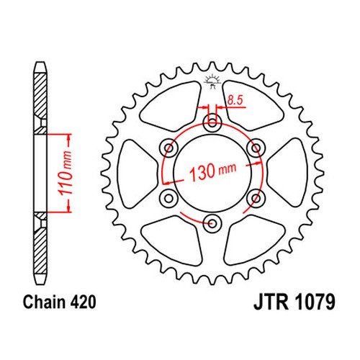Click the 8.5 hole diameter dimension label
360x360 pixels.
tap(235, 100)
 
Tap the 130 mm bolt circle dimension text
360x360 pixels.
tap(212, 171)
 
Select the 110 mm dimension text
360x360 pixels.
tap(66, 173)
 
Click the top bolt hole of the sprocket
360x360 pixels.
tap(212, 123)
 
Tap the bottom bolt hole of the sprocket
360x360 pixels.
tap(212, 224)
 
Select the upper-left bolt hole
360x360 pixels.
tap(168, 148)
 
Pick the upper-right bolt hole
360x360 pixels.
tap(256, 148)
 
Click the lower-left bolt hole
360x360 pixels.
tap(168, 199)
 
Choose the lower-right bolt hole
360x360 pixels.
tap(256, 199)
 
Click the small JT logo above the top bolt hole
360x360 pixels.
tap(212, 81)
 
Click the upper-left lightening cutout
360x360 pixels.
tap(172, 106)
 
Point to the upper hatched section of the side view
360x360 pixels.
tap(40, 103)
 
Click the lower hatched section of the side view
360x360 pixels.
tap(40, 243)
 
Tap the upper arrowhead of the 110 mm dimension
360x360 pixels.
tap(69, 138)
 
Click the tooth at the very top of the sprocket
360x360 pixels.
tap(212, 66)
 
